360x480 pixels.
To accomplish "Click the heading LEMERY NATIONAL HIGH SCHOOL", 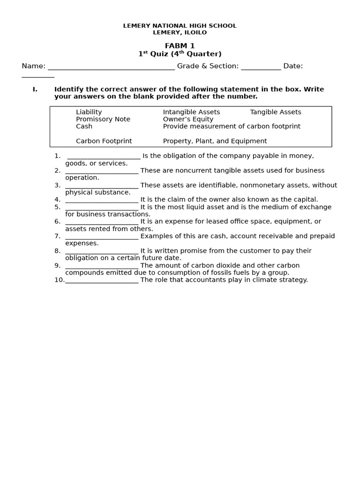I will point(180,26).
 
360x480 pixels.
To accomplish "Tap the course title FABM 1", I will point(180,46).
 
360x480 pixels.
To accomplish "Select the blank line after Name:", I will point(111,67).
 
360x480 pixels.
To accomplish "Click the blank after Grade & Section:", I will point(261,67).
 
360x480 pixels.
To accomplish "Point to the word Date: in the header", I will point(293,66).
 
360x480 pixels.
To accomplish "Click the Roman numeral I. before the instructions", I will point(35,90).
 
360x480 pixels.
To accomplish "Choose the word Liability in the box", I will point(89,112).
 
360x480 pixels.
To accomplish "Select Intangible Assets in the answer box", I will point(191,112).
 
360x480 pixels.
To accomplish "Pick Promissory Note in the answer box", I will point(103,119).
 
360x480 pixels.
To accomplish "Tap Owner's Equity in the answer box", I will point(188,119).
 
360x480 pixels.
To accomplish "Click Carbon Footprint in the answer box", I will point(104,141).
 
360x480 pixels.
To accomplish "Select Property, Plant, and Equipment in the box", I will point(215,141).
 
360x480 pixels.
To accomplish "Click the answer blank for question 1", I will point(104,157).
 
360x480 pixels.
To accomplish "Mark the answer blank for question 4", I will point(102,200).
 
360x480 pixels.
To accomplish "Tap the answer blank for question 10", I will point(102,280).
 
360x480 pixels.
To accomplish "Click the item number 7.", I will point(57,236).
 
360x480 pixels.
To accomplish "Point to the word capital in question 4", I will point(305,200).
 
